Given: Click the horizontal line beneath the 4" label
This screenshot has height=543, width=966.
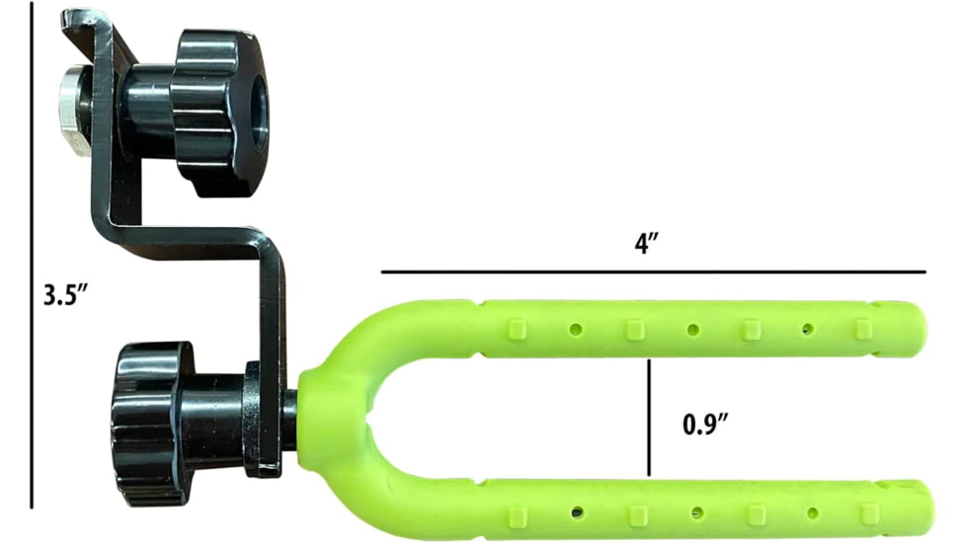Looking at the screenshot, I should point(652,271).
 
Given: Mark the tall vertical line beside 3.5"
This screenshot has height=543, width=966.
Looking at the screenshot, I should point(32,257).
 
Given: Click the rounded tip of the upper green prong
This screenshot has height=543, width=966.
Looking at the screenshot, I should point(917,330).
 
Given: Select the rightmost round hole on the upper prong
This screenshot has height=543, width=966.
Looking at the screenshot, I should point(808,328).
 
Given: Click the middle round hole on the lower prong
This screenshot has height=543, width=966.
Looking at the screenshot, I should point(697,512).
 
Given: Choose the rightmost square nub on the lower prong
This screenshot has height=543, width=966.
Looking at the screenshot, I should point(868,513).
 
